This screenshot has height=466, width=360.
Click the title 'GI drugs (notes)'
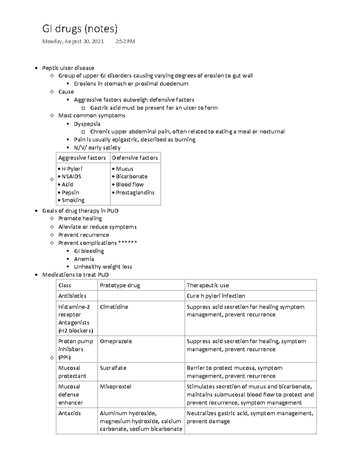tap(80, 29)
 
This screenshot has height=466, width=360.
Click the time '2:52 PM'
tap(125, 41)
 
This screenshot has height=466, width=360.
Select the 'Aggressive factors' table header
tap(82, 158)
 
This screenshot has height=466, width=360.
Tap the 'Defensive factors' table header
tap(135, 158)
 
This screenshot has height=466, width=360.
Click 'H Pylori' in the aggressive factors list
tap(72, 169)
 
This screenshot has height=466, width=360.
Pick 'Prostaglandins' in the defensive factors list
tap(135, 192)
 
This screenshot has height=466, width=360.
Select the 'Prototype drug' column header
tap(120, 285)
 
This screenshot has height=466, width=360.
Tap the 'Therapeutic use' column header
tap(208, 285)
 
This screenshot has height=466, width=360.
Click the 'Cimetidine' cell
tap(114, 307)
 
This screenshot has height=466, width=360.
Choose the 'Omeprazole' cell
tap(116, 341)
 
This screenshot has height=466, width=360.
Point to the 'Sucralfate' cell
tap(113, 368)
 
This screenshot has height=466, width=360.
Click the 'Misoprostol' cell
tap(115, 386)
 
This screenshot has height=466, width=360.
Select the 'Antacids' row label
tap(69, 413)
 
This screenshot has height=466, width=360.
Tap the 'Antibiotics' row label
tap(72, 296)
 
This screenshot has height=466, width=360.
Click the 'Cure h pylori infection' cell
tap(216, 296)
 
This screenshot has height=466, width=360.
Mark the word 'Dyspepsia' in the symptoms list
tap(87, 124)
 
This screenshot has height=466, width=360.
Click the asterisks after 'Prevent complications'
tap(127, 243)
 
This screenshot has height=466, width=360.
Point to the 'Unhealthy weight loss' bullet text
tap(103, 266)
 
